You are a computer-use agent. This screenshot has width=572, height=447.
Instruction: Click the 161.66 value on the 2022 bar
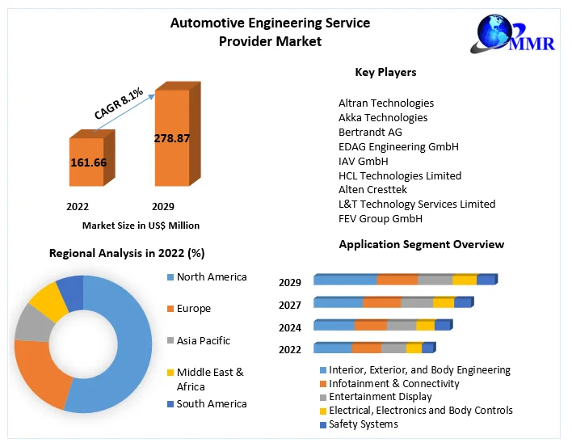pos(88,162)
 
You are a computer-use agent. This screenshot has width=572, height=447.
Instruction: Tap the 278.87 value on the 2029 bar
pos(171,138)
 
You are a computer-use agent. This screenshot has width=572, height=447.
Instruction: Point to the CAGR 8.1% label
pos(118,103)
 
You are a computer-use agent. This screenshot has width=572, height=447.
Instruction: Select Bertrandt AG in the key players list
pos(370,132)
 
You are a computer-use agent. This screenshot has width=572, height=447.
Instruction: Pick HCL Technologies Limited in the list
pos(400,175)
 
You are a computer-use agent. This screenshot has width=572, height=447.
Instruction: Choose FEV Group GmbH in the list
pos(381,219)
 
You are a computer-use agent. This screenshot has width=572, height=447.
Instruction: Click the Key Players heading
pos(385,73)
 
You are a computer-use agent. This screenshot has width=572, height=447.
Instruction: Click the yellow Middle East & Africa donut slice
pos(48,299)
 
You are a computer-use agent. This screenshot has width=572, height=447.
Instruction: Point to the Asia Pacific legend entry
pos(202,341)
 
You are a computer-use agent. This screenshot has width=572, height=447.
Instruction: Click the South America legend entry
pos(210,404)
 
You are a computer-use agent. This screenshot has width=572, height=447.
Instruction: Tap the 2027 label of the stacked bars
pos(290,305)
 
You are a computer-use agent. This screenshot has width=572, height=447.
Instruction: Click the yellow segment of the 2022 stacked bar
pos(414,348)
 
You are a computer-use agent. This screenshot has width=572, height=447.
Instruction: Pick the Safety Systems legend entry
pos(364,424)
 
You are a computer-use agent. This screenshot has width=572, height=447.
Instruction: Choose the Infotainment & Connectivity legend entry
pos(394,384)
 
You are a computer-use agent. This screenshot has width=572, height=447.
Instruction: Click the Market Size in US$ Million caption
pos(141,226)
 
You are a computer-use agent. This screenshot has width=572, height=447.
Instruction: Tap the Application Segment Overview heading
pos(421,244)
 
